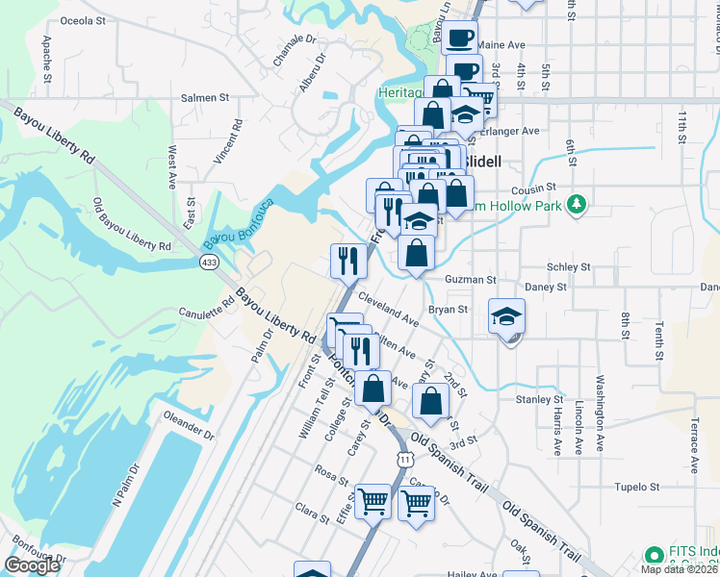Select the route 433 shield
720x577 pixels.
210,262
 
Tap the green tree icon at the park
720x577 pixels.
577,204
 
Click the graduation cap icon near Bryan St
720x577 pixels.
506,315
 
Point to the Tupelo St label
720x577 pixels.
638,487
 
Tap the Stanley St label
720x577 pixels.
539,399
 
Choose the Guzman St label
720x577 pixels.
470,280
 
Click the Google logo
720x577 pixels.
32,565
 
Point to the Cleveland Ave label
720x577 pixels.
389,308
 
